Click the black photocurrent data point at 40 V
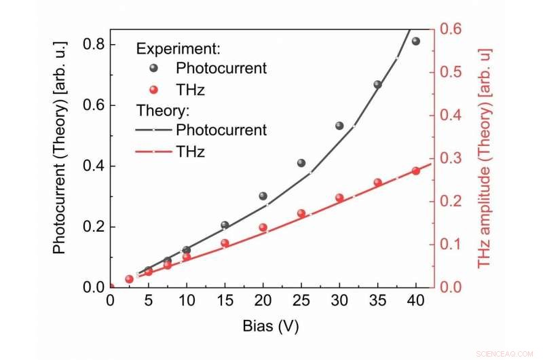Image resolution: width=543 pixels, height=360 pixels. [x=415, y=41]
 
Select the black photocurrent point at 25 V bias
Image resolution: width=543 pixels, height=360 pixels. [x=301, y=163]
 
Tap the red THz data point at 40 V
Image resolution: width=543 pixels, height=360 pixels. [x=415, y=170]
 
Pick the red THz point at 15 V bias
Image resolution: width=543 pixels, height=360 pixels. [x=225, y=242]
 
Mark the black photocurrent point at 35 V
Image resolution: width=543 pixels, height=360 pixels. [x=377, y=85]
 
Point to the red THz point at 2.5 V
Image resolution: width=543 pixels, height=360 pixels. [x=129, y=279]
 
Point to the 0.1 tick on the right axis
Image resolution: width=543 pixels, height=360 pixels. [x=451, y=244]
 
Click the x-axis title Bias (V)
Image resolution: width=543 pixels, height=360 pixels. [x=270, y=326]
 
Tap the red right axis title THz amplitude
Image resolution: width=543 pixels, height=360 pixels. [x=484, y=158]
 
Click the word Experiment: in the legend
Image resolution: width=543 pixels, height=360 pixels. [x=180, y=49]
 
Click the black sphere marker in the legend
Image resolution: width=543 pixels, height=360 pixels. [x=153, y=69]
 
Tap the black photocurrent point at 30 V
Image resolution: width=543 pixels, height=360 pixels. [x=339, y=126]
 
